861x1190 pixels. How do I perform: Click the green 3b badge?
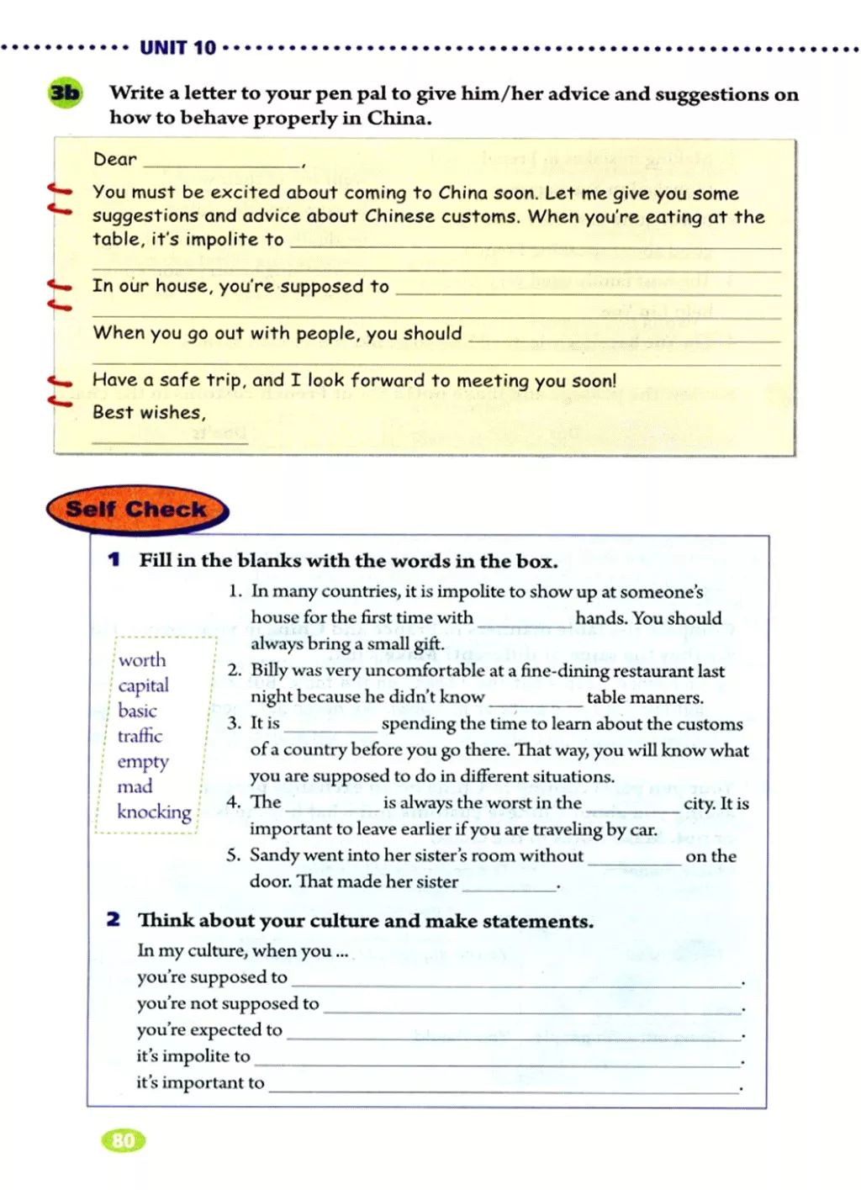(x=66, y=93)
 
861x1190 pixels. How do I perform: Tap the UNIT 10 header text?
(x=177, y=48)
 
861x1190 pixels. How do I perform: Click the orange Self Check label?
(x=136, y=509)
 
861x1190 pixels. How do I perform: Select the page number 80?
(x=123, y=1140)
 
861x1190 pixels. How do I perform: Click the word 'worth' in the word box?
(x=142, y=660)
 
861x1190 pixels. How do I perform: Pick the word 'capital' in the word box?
(x=143, y=685)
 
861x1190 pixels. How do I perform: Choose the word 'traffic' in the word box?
(x=140, y=736)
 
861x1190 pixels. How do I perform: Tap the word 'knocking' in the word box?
(x=154, y=812)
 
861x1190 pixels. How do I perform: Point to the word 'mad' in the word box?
(x=135, y=786)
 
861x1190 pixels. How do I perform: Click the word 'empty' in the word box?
(x=143, y=761)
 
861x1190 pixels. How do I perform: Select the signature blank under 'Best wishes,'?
(x=170, y=437)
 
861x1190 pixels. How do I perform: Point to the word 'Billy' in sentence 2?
(x=270, y=671)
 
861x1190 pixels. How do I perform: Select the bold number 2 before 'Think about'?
(x=114, y=919)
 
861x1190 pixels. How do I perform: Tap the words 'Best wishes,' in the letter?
(x=148, y=413)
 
